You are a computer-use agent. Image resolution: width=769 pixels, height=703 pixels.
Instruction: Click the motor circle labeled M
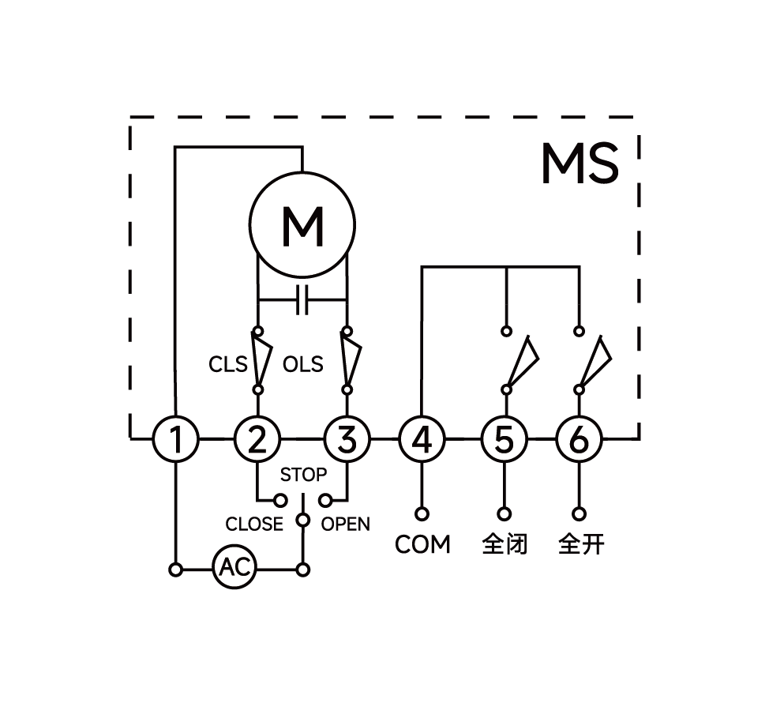pyautogui.click(x=302, y=225)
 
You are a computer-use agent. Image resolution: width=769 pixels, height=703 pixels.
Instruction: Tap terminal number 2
pyautogui.click(x=257, y=439)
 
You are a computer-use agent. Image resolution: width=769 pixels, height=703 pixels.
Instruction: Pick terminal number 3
pyautogui.click(x=347, y=439)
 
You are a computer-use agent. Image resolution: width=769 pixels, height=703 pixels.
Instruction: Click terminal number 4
pyautogui.click(x=422, y=439)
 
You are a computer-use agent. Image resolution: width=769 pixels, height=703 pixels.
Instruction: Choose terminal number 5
pyautogui.click(x=505, y=439)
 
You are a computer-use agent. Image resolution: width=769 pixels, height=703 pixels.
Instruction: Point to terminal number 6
pyautogui.click(x=579, y=439)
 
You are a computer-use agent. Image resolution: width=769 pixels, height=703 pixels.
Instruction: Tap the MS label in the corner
pyautogui.click(x=580, y=164)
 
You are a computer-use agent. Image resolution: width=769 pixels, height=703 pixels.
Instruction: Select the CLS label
pyautogui.click(x=228, y=364)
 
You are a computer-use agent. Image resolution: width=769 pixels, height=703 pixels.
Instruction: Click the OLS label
pyautogui.click(x=303, y=364)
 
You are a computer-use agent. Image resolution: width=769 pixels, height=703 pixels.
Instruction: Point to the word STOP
pyautogui.click(x=303, y=476)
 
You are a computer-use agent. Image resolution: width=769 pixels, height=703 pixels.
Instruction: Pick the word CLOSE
pyautogui.click(x=253, y=524)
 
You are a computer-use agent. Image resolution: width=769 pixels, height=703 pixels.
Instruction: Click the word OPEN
pyautogui.click(x=346, y=524)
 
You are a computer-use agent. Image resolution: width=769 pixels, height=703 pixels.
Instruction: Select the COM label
pyautogui.click(x=422, y=544)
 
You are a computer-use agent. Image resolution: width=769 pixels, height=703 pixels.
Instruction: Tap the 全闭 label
pyautogui.click(x=505, y=544)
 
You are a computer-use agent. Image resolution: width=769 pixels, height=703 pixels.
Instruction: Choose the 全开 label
pyautogui.click(x=581, y=544)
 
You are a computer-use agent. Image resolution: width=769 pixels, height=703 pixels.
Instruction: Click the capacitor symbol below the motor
pyautogui.click(x=302, y=300)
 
